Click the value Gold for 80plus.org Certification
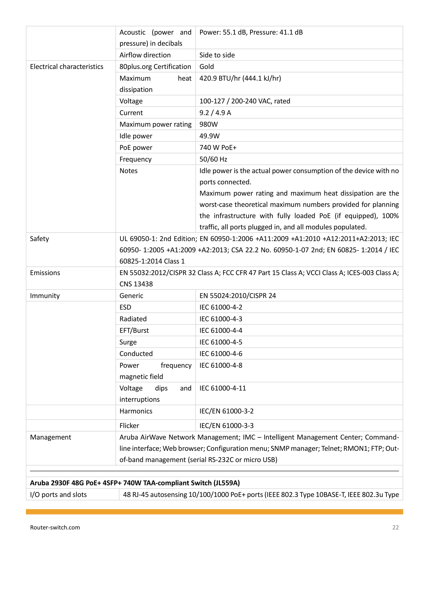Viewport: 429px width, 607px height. [x=207, y=67]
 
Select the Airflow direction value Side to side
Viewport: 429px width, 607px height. [x=217, y=55]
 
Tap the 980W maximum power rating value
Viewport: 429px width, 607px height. [x=208, y=124]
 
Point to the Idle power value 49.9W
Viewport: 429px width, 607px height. [x=209, y=136]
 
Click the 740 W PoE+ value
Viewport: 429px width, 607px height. [x=218, y=148]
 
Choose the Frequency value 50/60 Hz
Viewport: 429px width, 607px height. [x=213, y=159]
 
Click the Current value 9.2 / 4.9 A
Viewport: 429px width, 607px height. [x=215, y=113]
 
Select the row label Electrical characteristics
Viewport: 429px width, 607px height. [x=67, y=67]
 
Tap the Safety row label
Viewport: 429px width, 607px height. [x=39, y=239]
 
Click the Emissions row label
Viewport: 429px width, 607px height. [x=45, y=273]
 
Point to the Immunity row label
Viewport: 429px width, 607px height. [x=45, y=296]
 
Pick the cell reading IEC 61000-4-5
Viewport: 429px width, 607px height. [x=221, y=342]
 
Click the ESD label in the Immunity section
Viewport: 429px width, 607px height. [x=125, y=307]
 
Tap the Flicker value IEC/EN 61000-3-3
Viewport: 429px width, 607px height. [x=226, y=426]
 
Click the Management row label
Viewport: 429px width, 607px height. [x=50, y=437]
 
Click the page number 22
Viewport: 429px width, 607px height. [x=395, y=527]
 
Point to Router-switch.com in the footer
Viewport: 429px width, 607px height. [x=55, y=527]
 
